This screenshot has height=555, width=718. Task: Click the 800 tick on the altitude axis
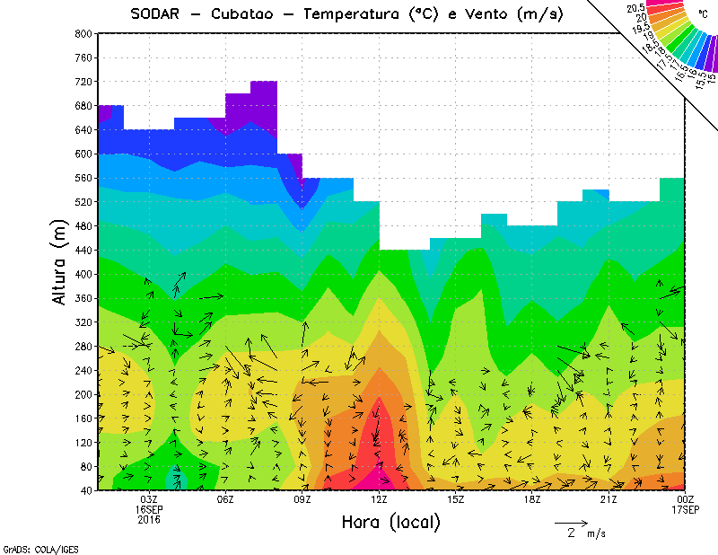pyautogui.click(x=83, y=33)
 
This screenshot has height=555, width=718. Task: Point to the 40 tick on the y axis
pyautogui.click(x=86, y=490)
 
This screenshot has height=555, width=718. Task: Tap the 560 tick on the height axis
pyautogui.click(x=83, y=178)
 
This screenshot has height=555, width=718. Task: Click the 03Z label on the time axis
pyautogui.click(x=149, y=499)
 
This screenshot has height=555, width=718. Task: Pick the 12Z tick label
pyautogui.click(x=379, y=499)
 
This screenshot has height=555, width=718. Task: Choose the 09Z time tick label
pyautogui.click(x=302, y=499)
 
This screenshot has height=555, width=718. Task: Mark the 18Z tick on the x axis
pyautogui.click(x=532, y=499)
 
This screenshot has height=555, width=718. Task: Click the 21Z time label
pyautogui.click(x=609, y=499)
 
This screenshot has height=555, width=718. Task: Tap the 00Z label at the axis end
pyautogui.click(x=685, y=499)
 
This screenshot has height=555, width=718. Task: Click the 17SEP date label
pyautogui.click(x=685, y=509)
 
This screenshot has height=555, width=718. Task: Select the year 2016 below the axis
pyautogui.click(x=149, y=519)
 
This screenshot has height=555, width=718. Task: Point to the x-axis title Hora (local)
pyautogui.click(x=390, y=522)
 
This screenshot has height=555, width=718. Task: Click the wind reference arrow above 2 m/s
pyautogui.click(x=571, y=521)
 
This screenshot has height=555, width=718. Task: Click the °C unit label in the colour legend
pyautogui.click(x=703, y=14)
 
